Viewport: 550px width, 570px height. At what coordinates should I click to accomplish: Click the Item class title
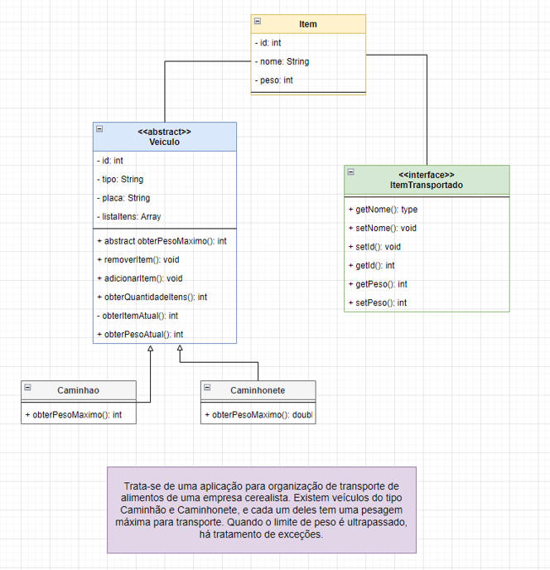click(308, 24)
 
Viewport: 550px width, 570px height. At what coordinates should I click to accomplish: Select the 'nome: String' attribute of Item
click(282, 61)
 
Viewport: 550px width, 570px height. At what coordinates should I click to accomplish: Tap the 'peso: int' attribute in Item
click(277, 80)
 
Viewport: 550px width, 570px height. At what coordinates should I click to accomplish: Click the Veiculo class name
click(164, 142)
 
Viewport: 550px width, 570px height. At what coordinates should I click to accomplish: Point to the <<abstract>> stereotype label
click(164, 131)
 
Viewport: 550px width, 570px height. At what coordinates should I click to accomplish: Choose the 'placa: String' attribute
click(123, 198)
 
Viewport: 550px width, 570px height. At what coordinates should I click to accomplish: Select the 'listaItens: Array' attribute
click(129, 216)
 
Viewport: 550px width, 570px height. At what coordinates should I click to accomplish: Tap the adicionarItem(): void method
click(140, 278)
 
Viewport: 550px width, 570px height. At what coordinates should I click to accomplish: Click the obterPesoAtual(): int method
click(140, 334)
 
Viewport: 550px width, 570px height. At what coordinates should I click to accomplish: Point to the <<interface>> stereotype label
click(426, 175)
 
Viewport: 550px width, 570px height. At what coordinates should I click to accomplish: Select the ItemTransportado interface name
click(426, 185)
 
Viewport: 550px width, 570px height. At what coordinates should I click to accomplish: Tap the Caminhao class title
click(79, 389)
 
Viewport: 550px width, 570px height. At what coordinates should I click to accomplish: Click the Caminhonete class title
click(258, 389)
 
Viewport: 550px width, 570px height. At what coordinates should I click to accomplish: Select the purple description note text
click(262, 510)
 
